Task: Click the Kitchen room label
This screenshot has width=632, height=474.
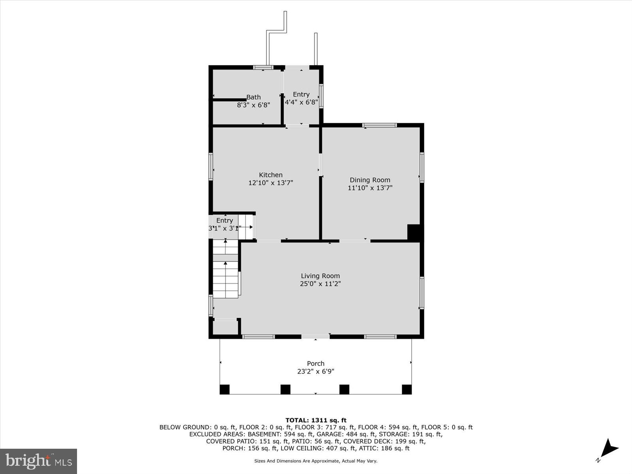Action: click(271, 175)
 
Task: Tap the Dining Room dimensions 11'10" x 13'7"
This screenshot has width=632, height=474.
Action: click(370, 188)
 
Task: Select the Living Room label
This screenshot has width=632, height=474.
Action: click(320, 276)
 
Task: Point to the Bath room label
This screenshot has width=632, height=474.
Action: click(254, 97)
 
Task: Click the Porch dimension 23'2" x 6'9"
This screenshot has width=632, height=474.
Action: click(316, 371)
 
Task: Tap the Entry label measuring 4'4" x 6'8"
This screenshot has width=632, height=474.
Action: click(301, 94)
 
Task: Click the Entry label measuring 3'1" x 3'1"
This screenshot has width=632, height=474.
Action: click(224, 220)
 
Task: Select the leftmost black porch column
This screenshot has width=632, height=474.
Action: click(224, 389)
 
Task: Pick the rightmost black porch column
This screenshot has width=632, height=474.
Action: click(406, 389)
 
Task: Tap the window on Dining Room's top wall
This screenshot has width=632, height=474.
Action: click(379, 125)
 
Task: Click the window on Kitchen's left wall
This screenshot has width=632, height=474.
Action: click(211, 167)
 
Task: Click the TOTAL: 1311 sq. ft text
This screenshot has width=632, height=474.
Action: click(316, 420)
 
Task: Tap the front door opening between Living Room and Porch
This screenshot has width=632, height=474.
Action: click(315, 337)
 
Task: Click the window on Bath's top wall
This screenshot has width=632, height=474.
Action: click(263, 68)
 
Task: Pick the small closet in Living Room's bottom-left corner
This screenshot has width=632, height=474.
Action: click(226, 327)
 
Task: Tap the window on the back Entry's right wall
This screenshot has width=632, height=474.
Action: click(322, 96)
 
